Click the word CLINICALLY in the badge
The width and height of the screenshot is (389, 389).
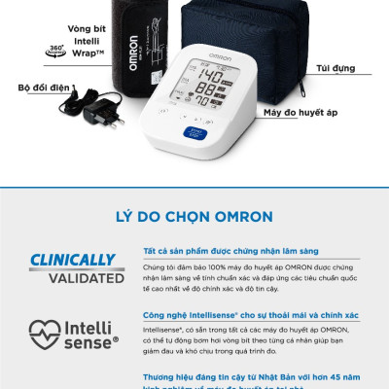click(x=73, y=261)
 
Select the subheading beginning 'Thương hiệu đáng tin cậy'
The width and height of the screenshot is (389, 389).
click(x=251, y=374)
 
